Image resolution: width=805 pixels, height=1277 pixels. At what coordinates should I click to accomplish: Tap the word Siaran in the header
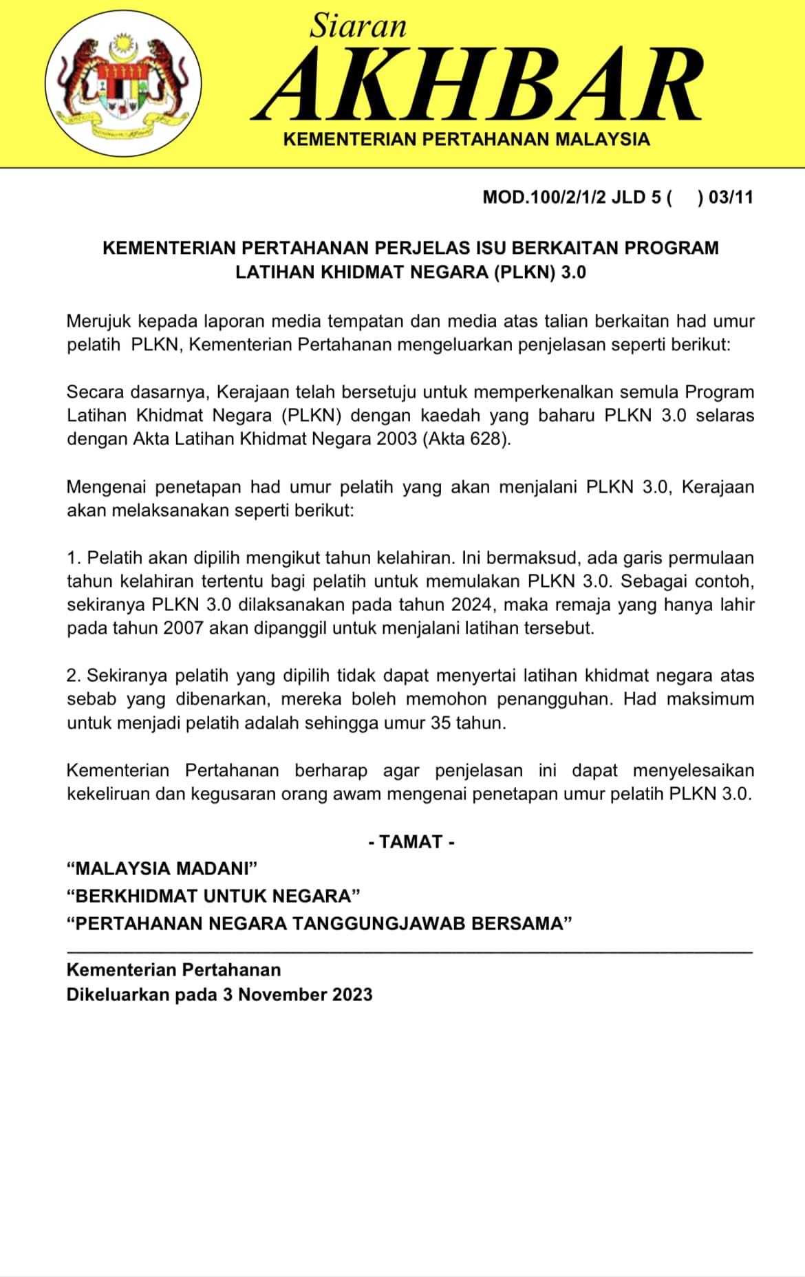pos(358,26)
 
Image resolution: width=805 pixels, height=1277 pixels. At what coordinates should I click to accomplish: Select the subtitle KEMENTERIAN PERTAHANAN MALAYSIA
pos(466,140)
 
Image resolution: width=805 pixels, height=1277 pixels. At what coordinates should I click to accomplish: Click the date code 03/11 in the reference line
pos(731,197)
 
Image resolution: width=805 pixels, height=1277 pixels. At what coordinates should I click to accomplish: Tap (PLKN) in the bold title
pos(524,272)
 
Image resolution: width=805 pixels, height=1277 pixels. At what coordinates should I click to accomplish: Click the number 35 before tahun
pos(441,723)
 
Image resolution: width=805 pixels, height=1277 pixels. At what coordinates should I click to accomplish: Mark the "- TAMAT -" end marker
pos(411,842)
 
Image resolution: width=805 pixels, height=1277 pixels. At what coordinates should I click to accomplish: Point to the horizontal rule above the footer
pos(409,952)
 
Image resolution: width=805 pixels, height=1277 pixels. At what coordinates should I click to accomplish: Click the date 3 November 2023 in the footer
pos(297,995)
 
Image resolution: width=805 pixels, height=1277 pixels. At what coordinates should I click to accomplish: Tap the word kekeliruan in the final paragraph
pos(108,794)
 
